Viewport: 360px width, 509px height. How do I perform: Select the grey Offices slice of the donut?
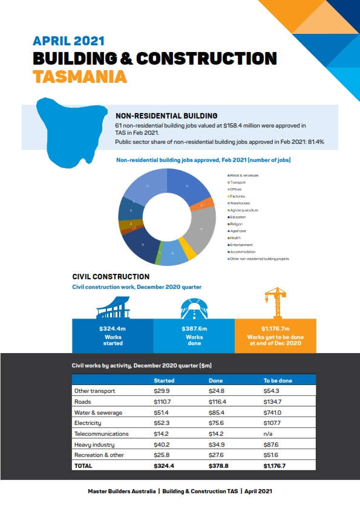click(x=205, y=230)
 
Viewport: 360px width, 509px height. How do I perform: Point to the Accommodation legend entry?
click(x=242, y=251)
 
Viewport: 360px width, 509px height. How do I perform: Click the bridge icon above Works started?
click(x=113, y=307)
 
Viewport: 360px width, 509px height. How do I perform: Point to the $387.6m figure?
click(x=194, y=329)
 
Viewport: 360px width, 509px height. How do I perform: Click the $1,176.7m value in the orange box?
click(x=274, y=329)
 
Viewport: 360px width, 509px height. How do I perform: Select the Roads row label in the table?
click(x=82, y=401)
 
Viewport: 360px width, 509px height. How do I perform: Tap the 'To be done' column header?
click(x=277, y=380)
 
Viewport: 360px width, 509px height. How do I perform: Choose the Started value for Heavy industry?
click(x=162, y=444)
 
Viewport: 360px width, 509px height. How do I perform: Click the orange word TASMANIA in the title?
click(x=80, y=77)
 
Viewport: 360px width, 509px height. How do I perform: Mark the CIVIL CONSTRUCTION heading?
click(x=111, y=277)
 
